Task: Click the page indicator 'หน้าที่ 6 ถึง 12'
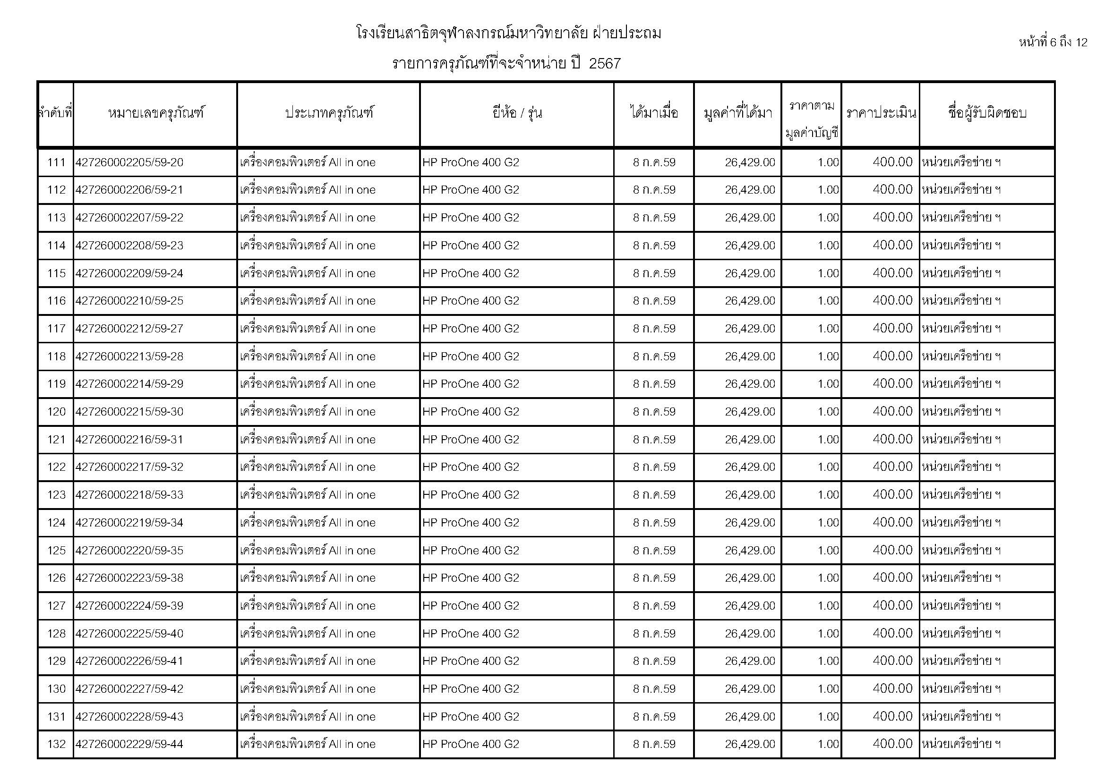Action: click(x=1053, y=42)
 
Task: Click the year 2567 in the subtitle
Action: click(x=605, y=63)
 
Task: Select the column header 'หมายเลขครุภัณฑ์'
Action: click(x=155, y=113)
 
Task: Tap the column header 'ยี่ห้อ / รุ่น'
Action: click(x=517, y=113)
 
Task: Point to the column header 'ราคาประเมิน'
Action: click(x=881, y=113)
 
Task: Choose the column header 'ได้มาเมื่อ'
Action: click(x=654, y=113)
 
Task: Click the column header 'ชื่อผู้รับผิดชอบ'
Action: click(x=987, y=113)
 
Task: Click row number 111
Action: click(x=56, y=162)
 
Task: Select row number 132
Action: click(x=56, y=745)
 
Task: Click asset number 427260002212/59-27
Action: click(x=129, y=329)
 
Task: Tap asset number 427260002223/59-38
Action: click(x=129, y=578)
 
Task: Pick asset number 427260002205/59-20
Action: click(x=129, y=162)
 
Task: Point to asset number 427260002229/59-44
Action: click(x=129, y=745)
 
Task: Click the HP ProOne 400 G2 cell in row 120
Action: click(x=471, y=412)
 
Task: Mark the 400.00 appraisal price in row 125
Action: click(x=892, y=550)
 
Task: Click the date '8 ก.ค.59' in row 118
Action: click(x=654, y=357)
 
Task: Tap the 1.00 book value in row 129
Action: click(x=828, y=661)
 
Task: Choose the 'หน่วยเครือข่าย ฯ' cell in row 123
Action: click(x=961, y=495)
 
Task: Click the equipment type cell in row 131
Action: click(x=308, y=717)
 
